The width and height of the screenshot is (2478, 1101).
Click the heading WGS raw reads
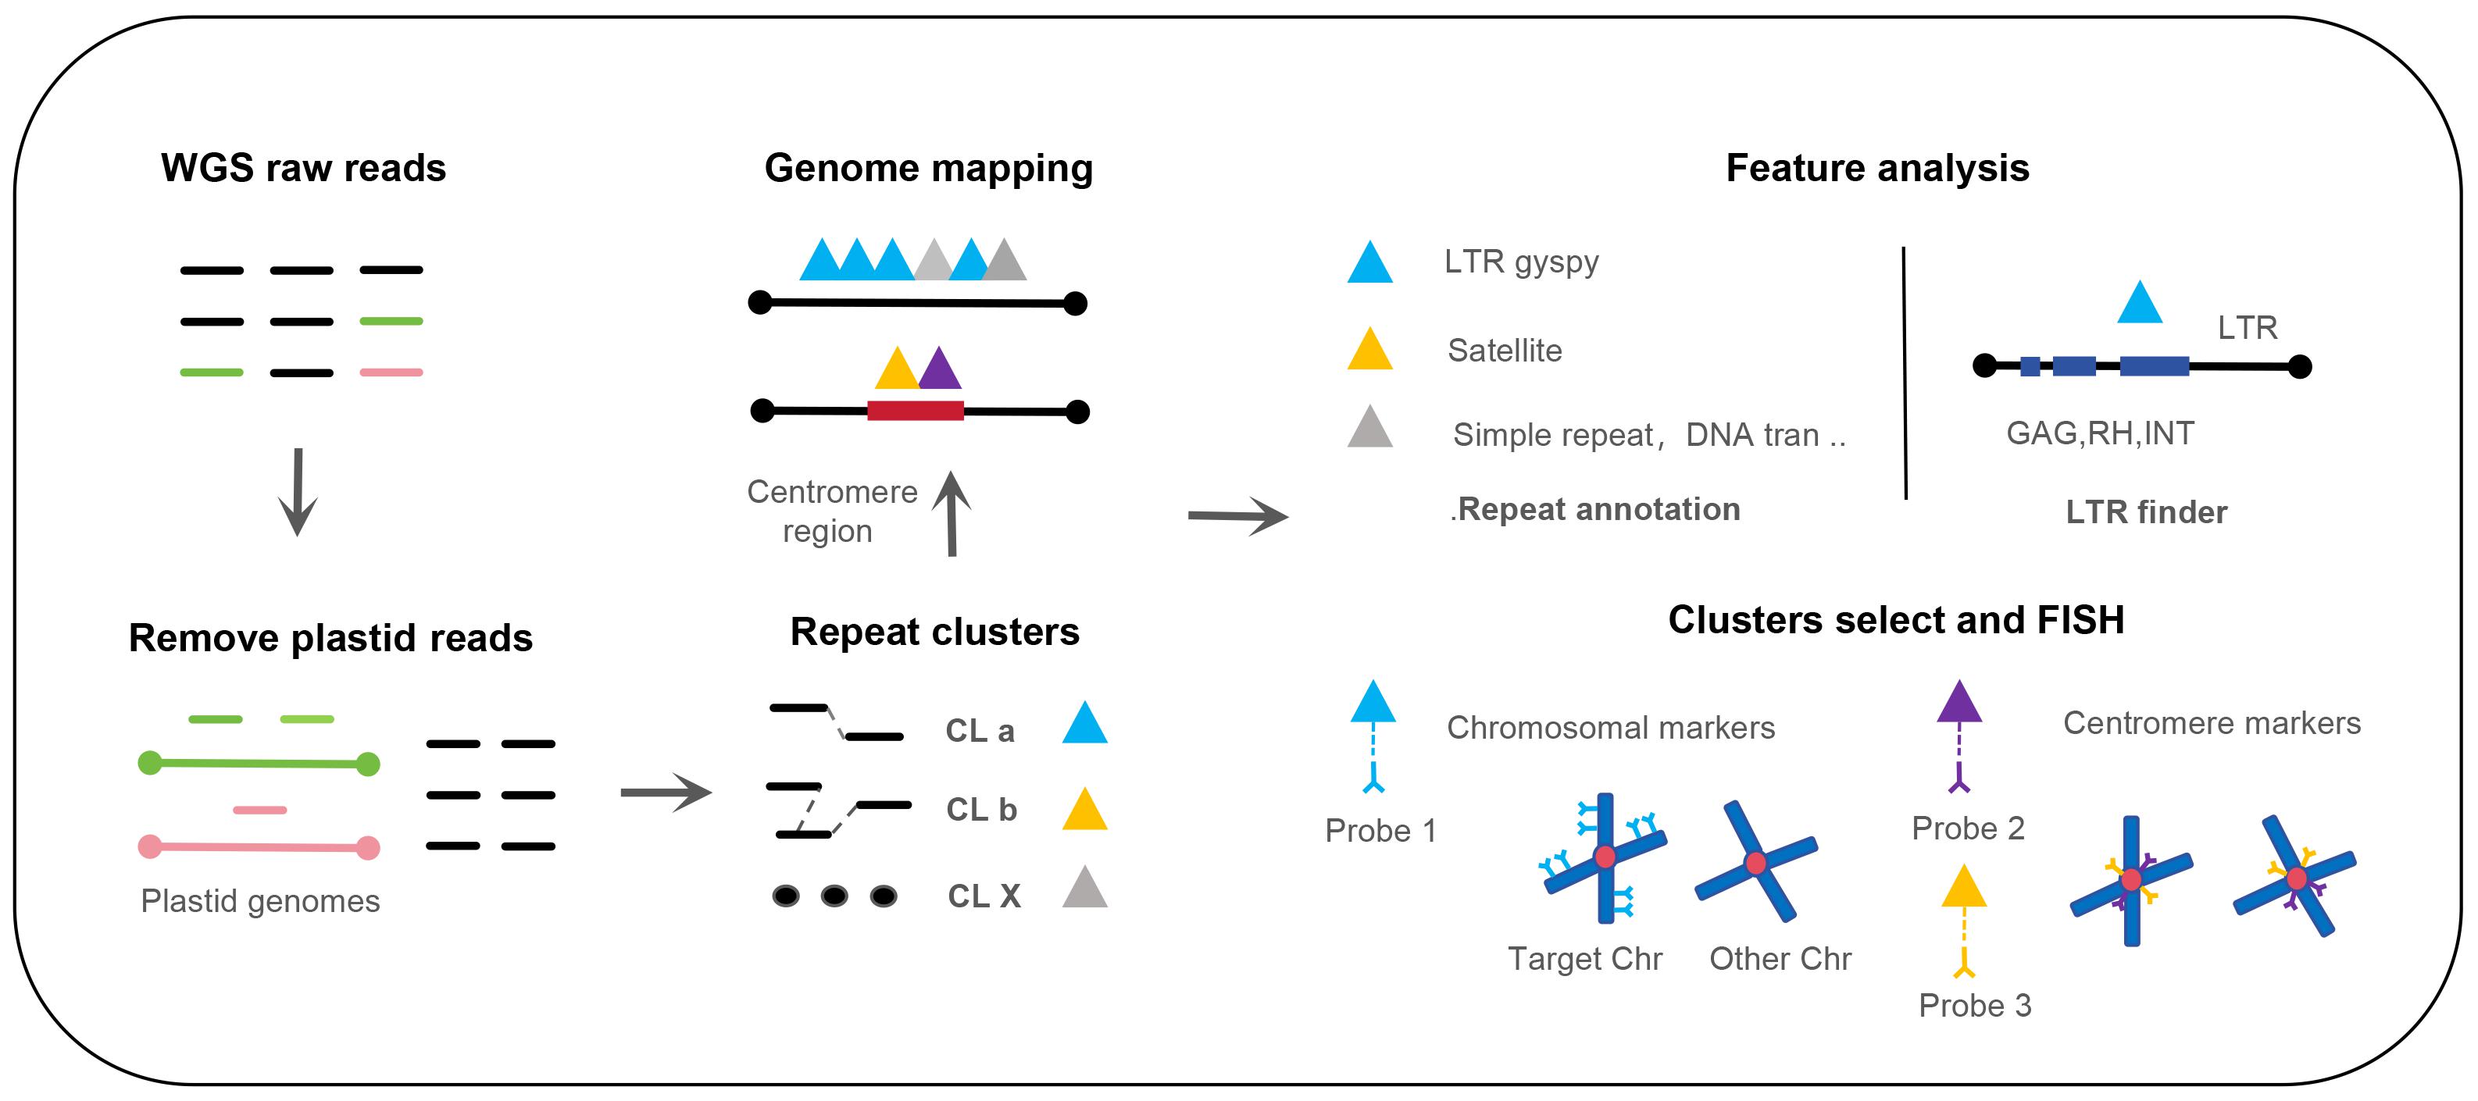pyautogui.click(x=303, y=169)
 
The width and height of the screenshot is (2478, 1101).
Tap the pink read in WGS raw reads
pyautogui.click(x=391, y=372)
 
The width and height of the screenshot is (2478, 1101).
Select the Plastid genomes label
pyautogui.click(x=259, y=901)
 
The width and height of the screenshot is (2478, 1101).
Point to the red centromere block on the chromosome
pyautogui.click(x=915, y=411)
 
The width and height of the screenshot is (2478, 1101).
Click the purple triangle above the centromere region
pyautogui.click(x=940, y=370)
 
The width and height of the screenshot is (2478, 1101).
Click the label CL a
pyautogui.click(x=980, y=731)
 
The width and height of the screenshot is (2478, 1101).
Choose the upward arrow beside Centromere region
pyautogui.click(x=952, y=514)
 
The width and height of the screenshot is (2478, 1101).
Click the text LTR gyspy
pyautogui.click(x=1521, y=262)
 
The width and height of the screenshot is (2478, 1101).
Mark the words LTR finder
pyautogui.click(x=2146, y=511)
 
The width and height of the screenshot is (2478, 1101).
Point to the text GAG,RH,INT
pyautogui.click(x=2100, y=433)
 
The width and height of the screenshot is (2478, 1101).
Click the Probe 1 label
pyautogui.click(x=1380, y=831)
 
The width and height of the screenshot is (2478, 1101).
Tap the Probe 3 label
pyautogui.click(x=1975, y=1005)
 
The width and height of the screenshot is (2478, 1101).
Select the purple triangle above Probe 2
pyautogui.click(x=1959, y=703)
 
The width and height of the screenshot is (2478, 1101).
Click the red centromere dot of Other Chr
pyautogui.click(x=1756, y=863)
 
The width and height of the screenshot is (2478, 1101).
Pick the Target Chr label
pyautogui.click(x=1584, y=959)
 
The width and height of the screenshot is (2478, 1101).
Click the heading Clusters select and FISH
pyautogui.click(x=1896, y=620)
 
